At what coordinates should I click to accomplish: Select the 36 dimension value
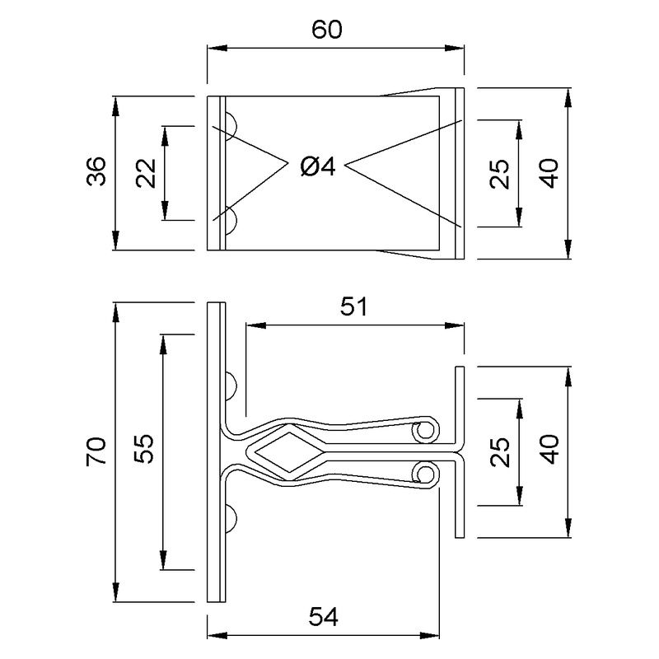97,173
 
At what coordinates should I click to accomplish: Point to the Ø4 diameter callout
317,167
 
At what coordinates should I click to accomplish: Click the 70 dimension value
97,452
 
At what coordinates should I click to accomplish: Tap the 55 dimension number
147,452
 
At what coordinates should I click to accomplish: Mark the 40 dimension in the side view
550,452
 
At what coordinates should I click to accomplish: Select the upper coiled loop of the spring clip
425,431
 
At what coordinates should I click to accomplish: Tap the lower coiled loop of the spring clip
425,474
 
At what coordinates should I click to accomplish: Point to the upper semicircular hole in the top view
231,126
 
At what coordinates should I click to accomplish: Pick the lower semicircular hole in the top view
231,220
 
